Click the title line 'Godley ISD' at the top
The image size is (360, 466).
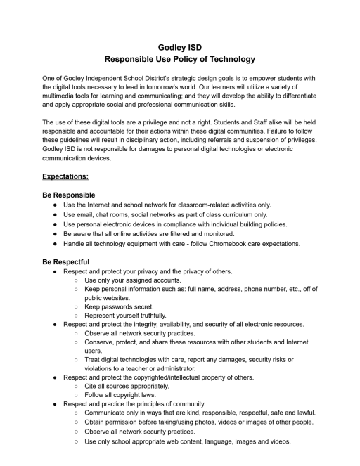pyautogui.click(x=179, y=47)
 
